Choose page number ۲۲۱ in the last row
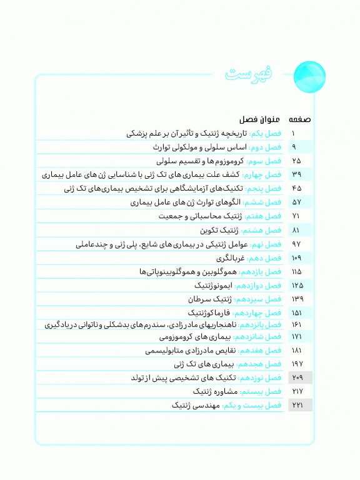[x=297, y=406]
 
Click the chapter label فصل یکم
[x=266, y=134]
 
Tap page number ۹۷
[x=297, y=244]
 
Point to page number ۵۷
[x=297, y=202]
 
